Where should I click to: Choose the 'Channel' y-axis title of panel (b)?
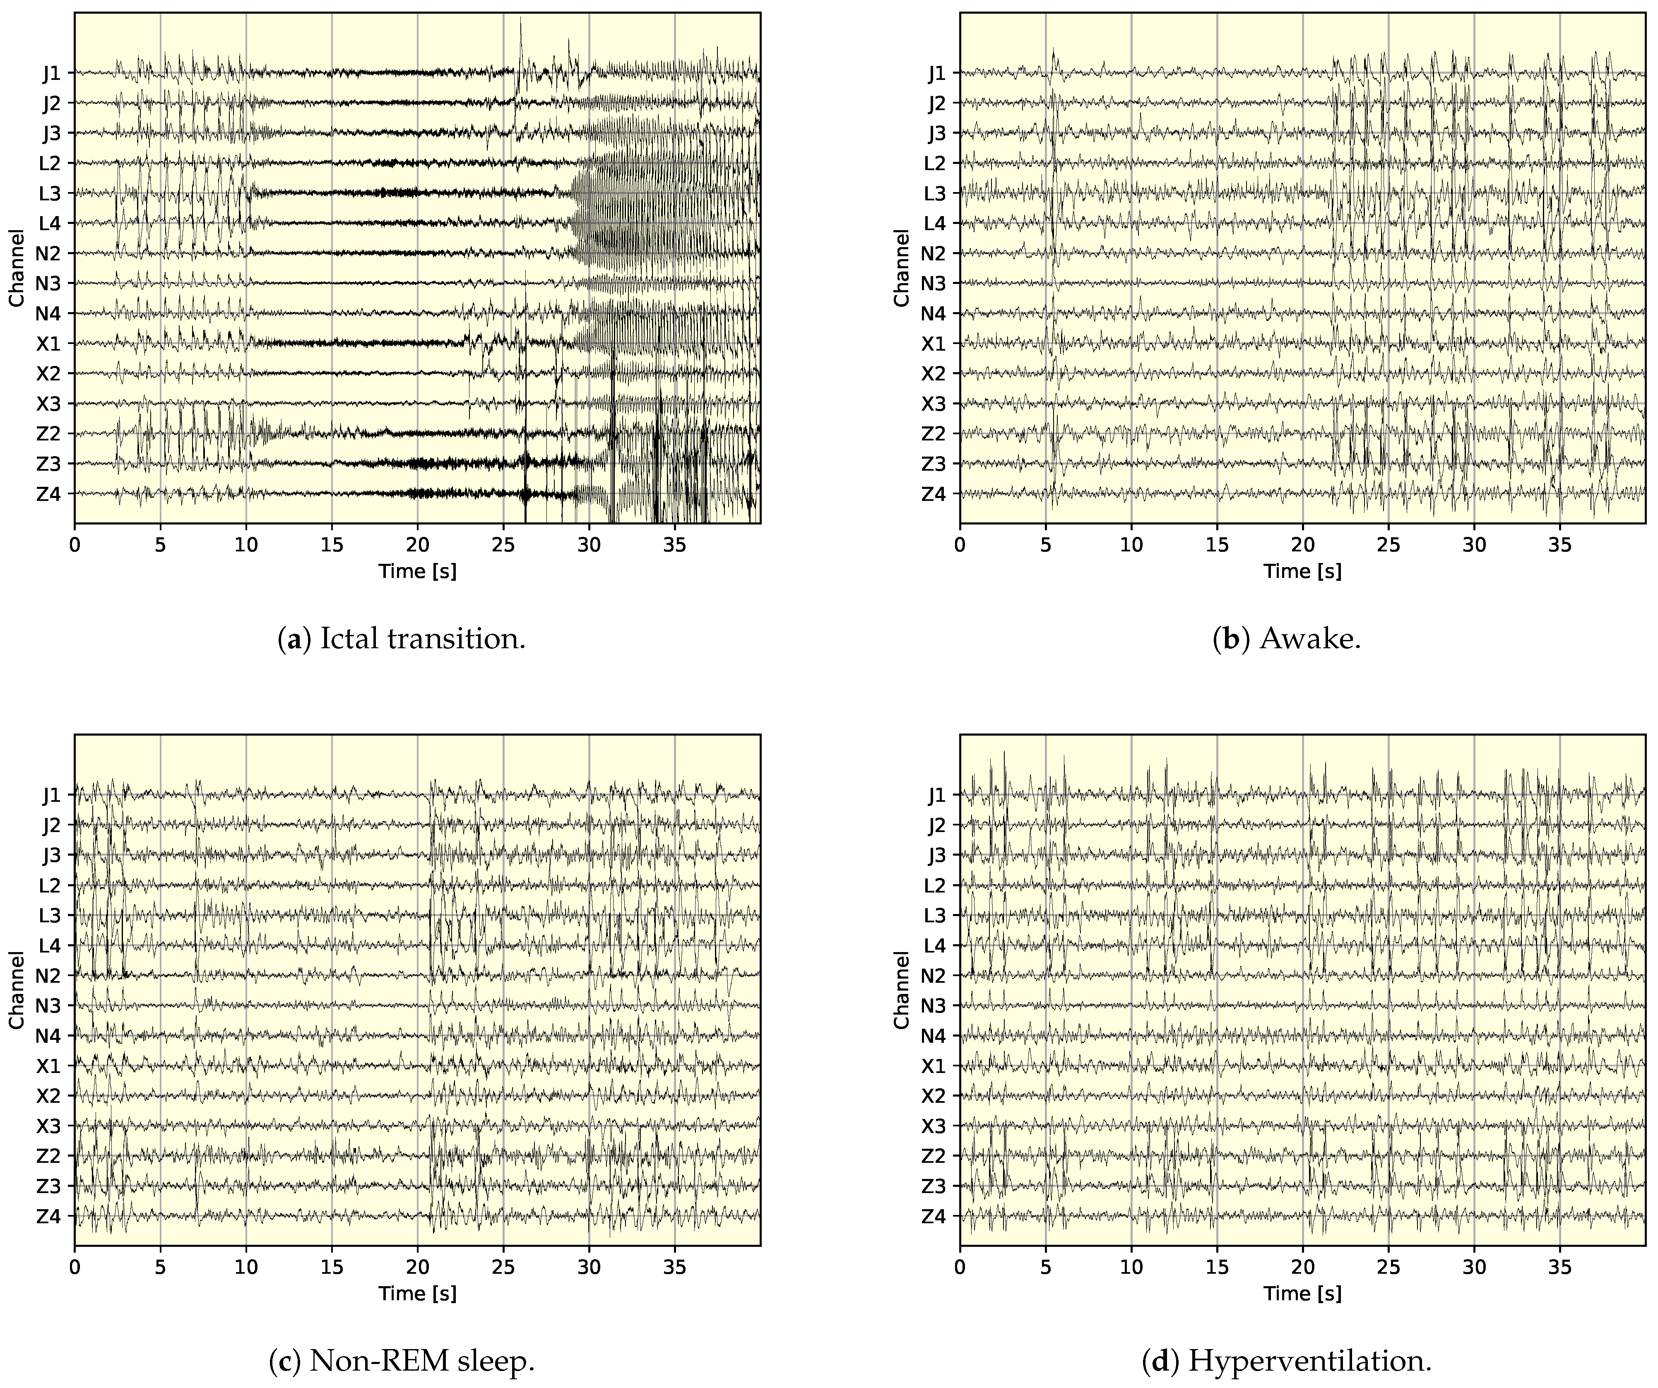pos(902,268)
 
